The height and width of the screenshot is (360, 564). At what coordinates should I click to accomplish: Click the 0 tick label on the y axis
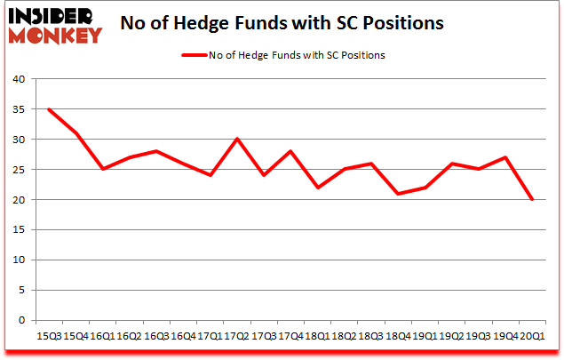coord(20,320)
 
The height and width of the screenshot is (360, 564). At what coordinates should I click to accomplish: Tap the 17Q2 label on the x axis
coord(236,336)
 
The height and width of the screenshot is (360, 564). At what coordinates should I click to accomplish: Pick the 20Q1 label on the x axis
coord(533,336)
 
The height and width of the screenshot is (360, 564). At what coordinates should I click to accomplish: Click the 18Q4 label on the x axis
coord(398,336)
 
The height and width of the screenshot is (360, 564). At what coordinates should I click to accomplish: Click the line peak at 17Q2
coord(236,139)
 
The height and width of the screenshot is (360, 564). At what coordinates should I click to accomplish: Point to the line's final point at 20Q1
coord(533,199)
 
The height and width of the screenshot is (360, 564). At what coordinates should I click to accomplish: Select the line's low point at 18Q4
coord(398,194)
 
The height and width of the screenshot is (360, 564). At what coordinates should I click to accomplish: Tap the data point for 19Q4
coord(506,157)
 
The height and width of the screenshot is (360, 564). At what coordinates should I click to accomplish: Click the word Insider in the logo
coord(56,16)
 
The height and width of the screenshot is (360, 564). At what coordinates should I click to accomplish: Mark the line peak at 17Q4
coord(290,151)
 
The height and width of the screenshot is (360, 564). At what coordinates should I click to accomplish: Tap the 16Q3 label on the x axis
coord(155,336)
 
